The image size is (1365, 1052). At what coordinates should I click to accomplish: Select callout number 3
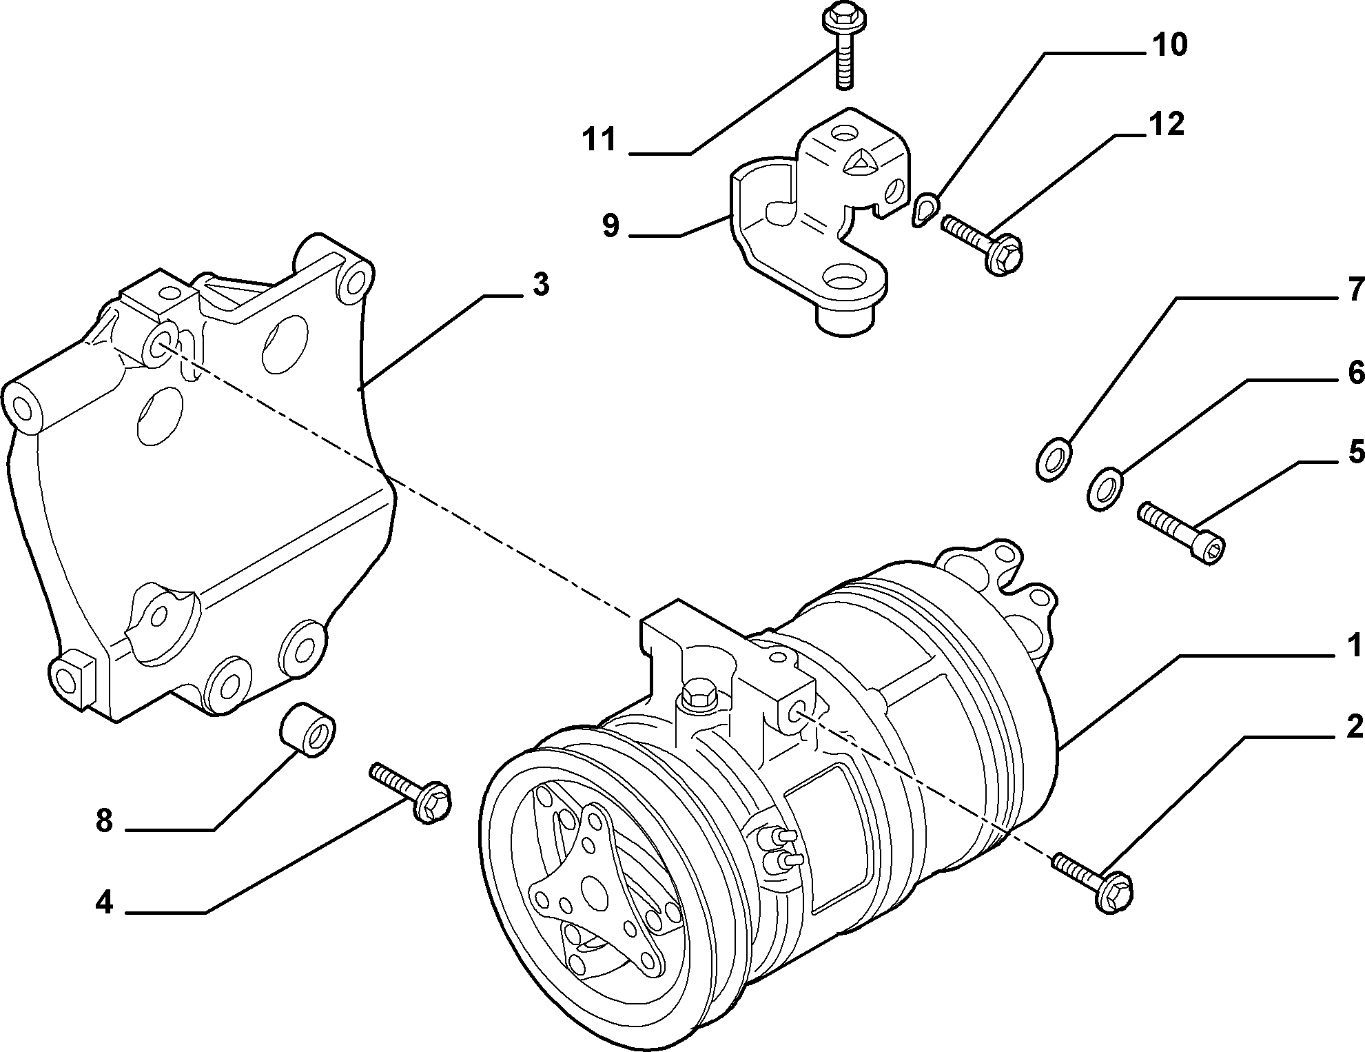point(541,284)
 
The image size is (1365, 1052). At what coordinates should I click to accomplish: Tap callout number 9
point(611,225)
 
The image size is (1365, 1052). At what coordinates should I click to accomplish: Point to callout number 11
point(599,140)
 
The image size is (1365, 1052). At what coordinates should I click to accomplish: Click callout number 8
point(104,821)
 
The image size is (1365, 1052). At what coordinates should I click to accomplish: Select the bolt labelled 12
point(981,243)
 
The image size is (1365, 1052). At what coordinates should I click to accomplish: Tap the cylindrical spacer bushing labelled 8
point(308,730)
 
